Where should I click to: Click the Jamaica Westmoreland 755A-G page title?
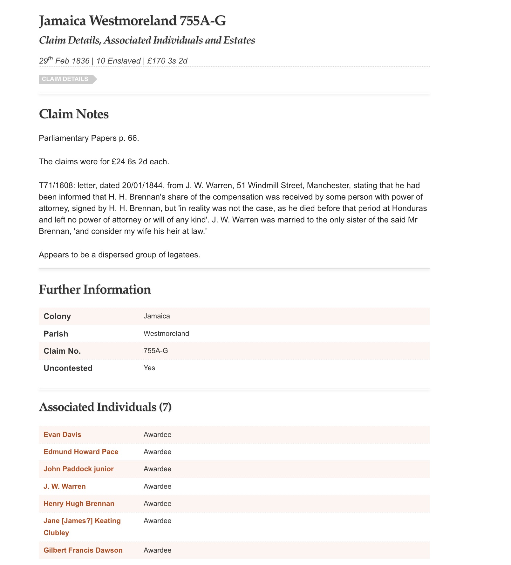click(x=132, y=21)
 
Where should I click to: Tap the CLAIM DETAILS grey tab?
click(x=65, y=79)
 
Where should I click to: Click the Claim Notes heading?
click(x=74, y=114)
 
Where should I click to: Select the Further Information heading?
click(x=95, y=289)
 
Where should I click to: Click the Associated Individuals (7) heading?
click(x=105, y=407)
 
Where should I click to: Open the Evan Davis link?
click(x=62, y=434)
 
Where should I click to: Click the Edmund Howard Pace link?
click(x=81, y=452)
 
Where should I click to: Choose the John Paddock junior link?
click(x=78, y=469)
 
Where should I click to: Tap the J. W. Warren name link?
click(x=65, y=486)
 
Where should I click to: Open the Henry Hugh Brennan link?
click(x=79, y=503)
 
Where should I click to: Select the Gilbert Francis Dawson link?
click(x=83, y=550)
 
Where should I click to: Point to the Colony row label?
click(x=57, y=316)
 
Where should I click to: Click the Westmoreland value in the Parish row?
click(x=166, y=333)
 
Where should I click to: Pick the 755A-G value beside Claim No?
click(x=156, y=351)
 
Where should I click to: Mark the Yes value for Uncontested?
click(x=149, y=368)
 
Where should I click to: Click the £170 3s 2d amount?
click(x=167, y=61)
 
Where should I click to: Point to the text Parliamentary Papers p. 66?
click(x=89, y=138)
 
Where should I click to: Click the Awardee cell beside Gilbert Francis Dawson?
click(x=157, y=550)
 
